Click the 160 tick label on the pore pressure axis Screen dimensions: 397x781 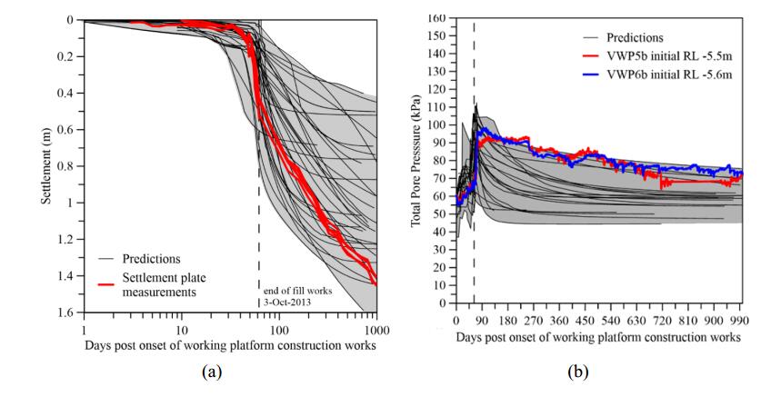(x=436, y=18)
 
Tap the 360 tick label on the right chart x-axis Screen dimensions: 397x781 (x=560, y=321)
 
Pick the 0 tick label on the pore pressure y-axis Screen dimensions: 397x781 (x=443, y=303)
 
